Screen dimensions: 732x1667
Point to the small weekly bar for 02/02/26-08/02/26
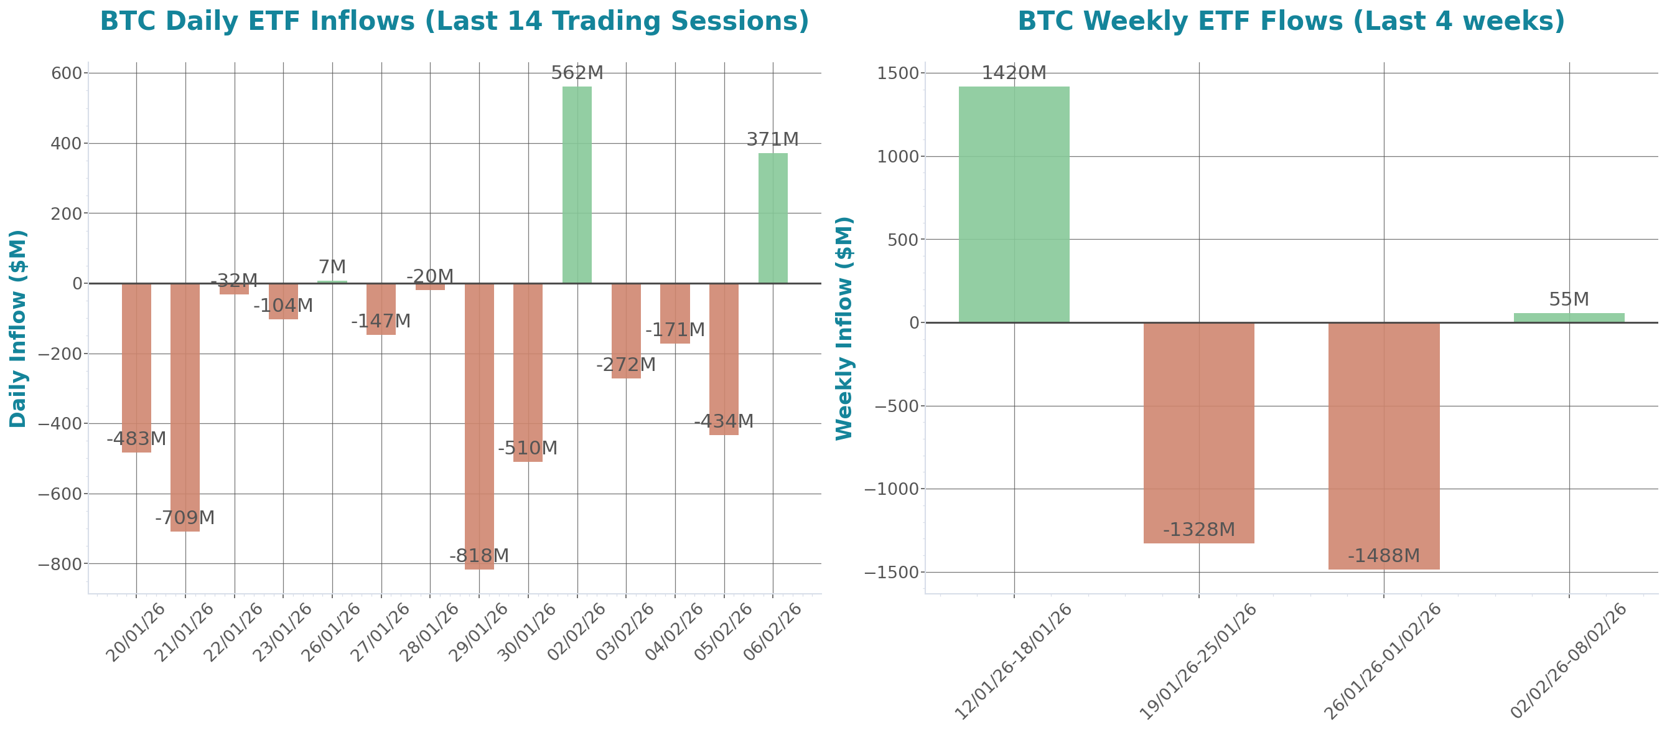pos(1569,318)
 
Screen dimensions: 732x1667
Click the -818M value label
pos(479,555)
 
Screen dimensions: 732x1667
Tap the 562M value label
pos(577,73)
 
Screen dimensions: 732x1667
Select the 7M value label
pos(332,266)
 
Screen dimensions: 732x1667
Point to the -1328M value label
pos(1198,530)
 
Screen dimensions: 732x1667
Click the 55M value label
pos(1569,299)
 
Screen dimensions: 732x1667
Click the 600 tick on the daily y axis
pos(66,73)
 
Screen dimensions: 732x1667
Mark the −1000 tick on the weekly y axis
pos(896,489)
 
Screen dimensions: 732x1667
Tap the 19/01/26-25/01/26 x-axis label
pos(1197,662)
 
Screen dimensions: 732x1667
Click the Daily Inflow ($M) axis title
pos(17,328)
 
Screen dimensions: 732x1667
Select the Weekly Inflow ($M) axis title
pos(844,328)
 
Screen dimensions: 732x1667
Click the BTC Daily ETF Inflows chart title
pos(454,21)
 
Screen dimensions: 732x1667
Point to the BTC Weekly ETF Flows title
pos(1291,21)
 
